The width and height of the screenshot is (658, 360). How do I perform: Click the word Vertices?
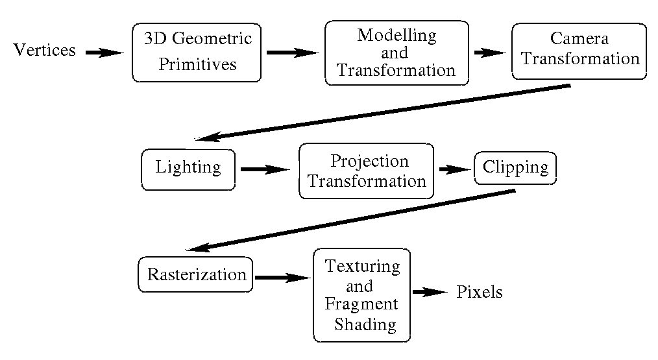tap(45, 50)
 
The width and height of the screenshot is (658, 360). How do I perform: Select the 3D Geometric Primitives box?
tap(197, 53)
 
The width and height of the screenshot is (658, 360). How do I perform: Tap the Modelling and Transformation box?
tap(396, 53)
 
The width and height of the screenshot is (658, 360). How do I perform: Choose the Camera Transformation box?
tap(579, 51)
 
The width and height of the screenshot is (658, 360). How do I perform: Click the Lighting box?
tap(188, 169)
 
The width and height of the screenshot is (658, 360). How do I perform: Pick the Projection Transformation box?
tap(366, 171)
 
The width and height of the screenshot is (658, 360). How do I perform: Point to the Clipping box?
tap(515, 168)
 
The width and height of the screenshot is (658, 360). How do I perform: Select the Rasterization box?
tap(195, 274)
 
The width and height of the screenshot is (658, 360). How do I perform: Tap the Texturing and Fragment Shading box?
tap(361, 295)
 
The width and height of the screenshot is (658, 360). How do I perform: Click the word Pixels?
tap(480, 292)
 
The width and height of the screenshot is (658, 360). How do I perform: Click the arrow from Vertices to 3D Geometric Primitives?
tap(104, 53)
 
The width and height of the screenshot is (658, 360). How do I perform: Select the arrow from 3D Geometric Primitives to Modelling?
tap(293, 53)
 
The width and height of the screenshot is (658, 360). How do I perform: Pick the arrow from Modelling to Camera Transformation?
tap(490, 53)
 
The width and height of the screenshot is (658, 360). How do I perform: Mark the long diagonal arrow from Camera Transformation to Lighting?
tap(383, 112)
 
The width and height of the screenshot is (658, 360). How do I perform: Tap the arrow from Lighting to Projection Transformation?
tap(265, 169)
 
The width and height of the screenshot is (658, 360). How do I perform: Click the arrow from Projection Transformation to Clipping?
tap(455, 169)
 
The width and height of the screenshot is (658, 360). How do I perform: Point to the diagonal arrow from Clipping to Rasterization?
tap(350, 221)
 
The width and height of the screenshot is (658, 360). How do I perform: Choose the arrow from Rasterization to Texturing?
tap(282, 278)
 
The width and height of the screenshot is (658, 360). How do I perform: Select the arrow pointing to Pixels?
tap(430, 292)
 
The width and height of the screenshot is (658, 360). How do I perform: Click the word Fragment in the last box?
tap(361, 304)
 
